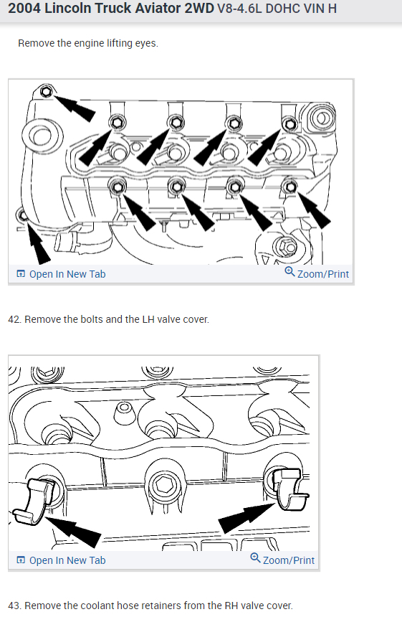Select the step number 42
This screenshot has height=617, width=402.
coord(14,319)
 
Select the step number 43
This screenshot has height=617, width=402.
coord(14,606)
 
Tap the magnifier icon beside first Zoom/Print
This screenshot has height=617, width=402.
coord(289,271)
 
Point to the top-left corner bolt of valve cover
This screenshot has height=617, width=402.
coord(47,92)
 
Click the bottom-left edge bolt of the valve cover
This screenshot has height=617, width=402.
coord(21,215)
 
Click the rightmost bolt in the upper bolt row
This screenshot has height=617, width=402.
coord(290,124)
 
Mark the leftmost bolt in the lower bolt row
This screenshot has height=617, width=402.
coord(117,187)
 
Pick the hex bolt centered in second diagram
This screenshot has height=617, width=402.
coord(162,484)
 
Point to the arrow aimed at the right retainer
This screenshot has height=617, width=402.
coord(247,517)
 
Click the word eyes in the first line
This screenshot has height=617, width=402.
coord(146,43)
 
